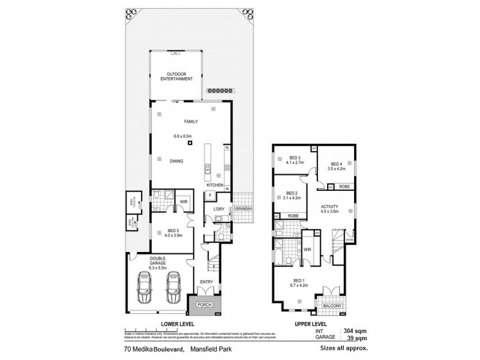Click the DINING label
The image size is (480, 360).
tap(176, 161)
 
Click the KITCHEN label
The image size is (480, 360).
tap(215, 186)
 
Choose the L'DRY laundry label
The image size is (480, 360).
tap(218, 209)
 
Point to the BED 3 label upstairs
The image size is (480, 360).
tap(293, 158)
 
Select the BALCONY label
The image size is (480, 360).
tap(331, 306)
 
